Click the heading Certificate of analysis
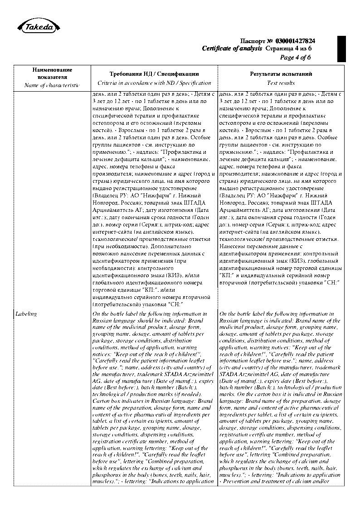tap(232, 48)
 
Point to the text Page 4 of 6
tap(296, 57)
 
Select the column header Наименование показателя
tap(52, 73)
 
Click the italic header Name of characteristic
tap(52, 85)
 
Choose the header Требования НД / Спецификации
tap(154, 73)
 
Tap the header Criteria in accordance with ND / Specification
tap(154, 83)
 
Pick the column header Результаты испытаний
tap(281, 73)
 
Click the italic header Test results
tap(281, 83)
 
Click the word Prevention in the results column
tap(238, 481)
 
